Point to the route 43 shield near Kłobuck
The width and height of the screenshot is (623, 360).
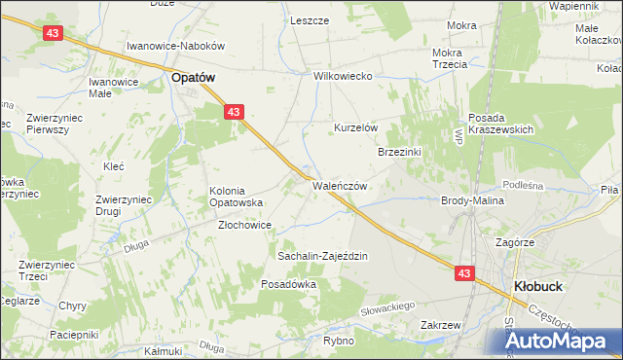(x=463, y=274)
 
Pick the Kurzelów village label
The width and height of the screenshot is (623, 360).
(x=355, y=128)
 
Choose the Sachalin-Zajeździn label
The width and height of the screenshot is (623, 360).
(x=321, y=256)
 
